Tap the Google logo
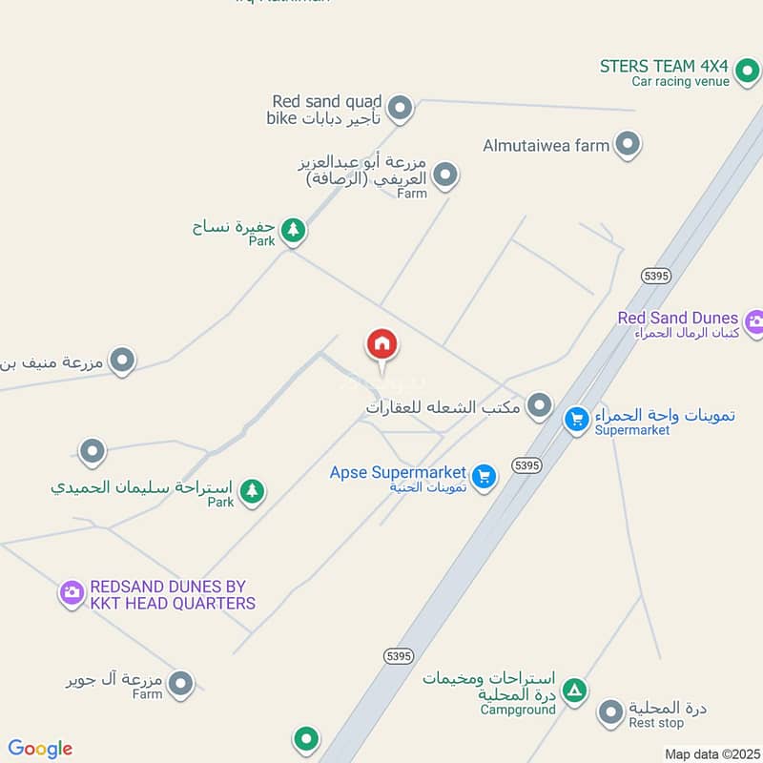point(40,749)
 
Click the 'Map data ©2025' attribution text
point(711,753)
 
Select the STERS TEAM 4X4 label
point(664,66)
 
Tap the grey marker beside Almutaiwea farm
point(627,145)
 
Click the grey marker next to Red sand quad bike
point(402,109)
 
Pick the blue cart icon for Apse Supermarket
point(485,476)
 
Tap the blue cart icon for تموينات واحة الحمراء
point(576,419)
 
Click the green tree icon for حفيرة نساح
point(293,229)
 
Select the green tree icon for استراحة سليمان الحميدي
point(252,491)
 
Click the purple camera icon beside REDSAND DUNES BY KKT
point(72,594)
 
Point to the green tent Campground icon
point(573,691)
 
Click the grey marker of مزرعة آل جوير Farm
point(180,683)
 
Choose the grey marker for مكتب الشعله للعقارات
point(540,406)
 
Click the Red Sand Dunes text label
point(677,318)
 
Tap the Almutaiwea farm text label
point(546,145)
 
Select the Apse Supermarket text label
point(398,472)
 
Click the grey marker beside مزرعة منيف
point(121,361)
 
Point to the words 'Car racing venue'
point(680,82)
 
